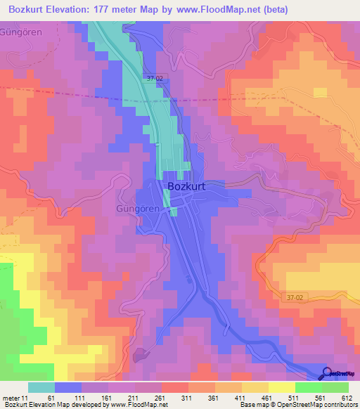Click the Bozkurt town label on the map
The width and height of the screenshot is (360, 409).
[x=187, y=187]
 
